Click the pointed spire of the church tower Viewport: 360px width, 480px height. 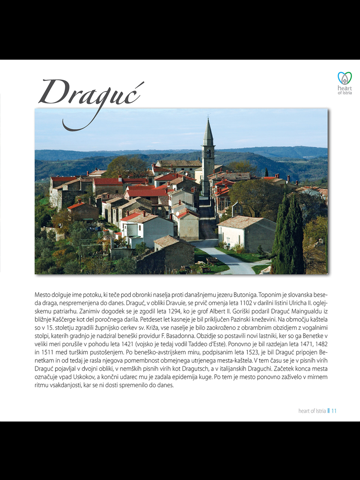click(x=208, y=131)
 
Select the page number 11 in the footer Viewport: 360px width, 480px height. click(x=334, y=410)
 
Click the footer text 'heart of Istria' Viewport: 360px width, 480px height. click(x=312, y=410)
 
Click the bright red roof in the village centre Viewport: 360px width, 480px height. click(x=150, y=191)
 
